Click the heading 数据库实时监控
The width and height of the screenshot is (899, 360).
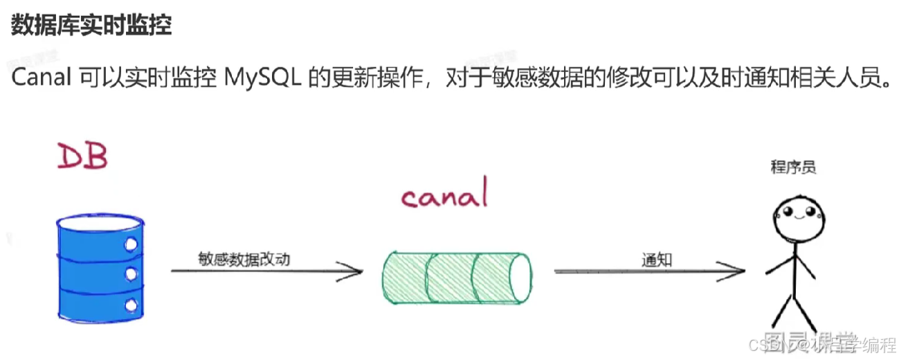pyautogui.click(x=91, y=26)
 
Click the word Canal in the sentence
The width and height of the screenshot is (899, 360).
pyautogui.click(x=41, y=78)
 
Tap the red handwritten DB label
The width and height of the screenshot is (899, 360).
pyautogui.click(x=82, y=157)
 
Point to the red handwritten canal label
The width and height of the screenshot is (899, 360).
pyautogui.click(x=444, y=197)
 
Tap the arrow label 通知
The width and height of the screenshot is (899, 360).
pyautogui.click(x=657, y=260)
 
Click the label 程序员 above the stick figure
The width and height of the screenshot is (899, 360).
pyautogui.click(x=793, y=167)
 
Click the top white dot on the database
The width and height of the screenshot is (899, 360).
pyautogui.click(x=130, y=244)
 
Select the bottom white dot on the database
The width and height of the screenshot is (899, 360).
pyautogui.click(x=130, y=305)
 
